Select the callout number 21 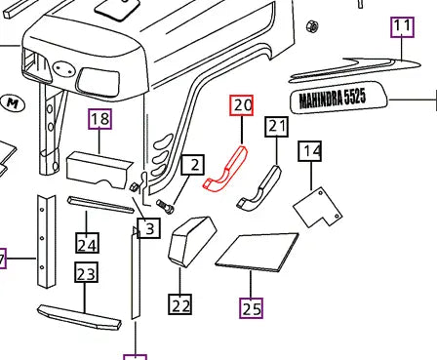tap(278, 127)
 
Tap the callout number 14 tap(310, 151)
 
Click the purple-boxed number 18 tap(100, 120)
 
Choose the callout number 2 tap(195, 166)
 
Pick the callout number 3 tap(148, 229)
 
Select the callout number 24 tap(87, 244)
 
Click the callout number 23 tap(86, 274)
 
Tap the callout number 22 tap(180, 305)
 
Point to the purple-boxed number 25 tap(252, 308)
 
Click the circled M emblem tap(13, 101)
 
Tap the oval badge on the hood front tap(64, 70)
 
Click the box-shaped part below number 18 tap(97, 169)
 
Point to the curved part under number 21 tap(261, 187)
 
